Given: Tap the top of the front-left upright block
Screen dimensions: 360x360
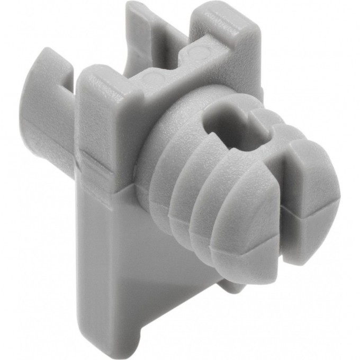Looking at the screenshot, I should [x=106, y=85].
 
